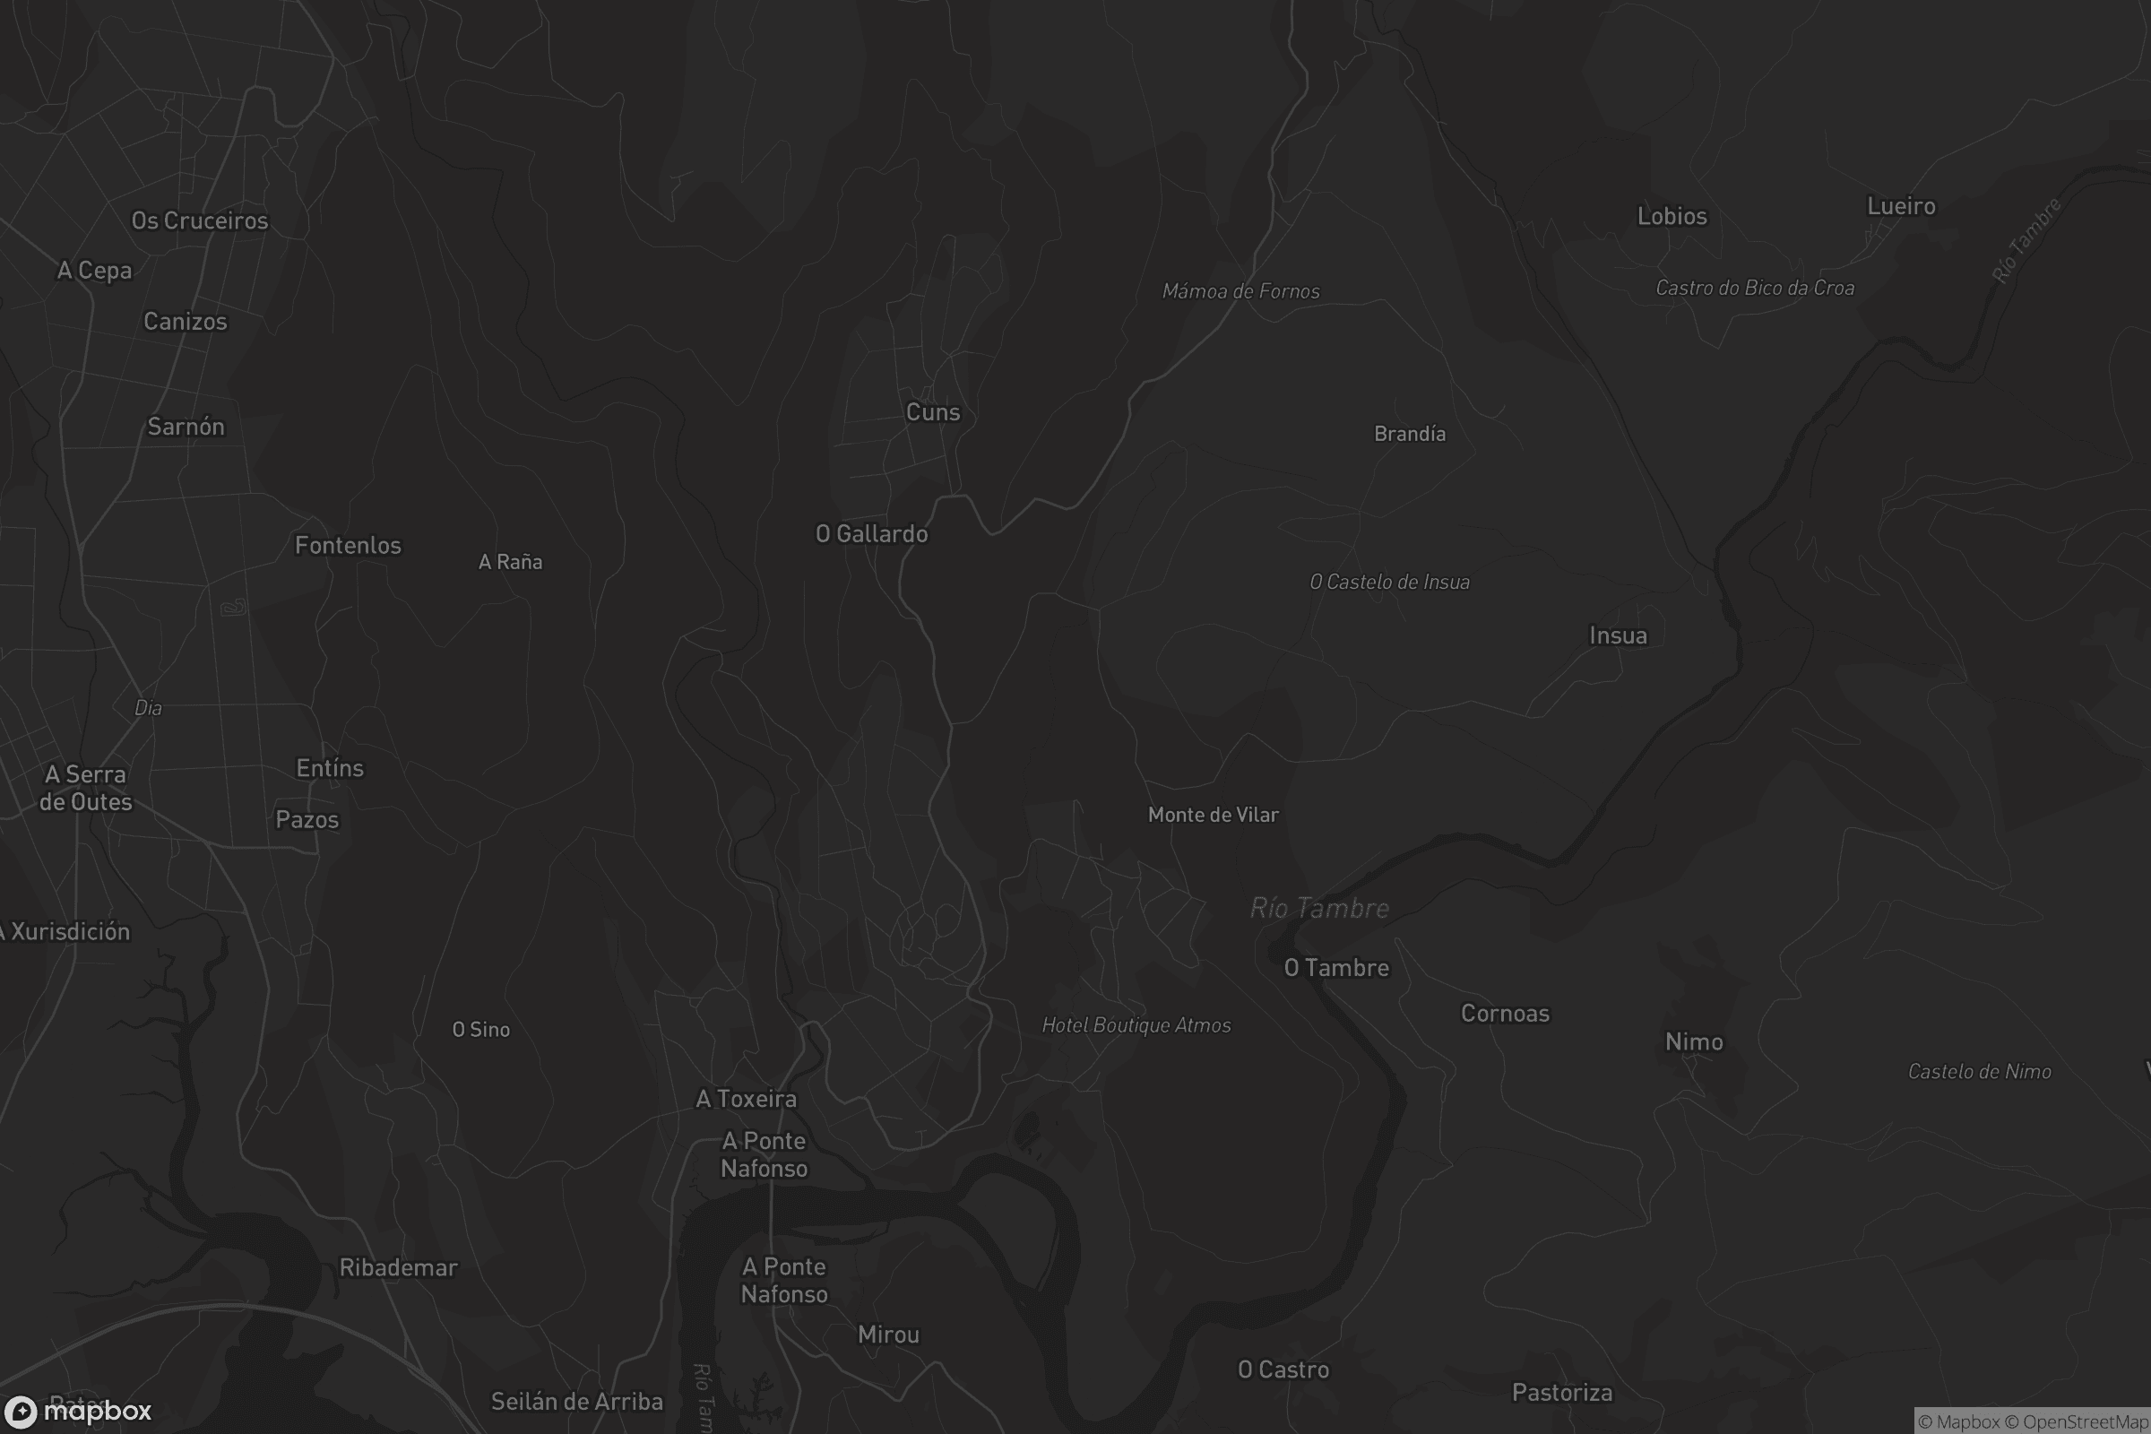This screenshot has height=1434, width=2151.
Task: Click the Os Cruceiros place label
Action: point(199,220)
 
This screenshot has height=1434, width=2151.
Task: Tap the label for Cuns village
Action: point(933,412)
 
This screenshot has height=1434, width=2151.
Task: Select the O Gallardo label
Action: point(871,534)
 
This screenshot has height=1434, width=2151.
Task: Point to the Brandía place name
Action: point(1409,434)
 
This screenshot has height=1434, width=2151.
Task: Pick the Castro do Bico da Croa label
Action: point(1755,288)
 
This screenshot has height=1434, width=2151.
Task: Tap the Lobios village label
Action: point(1672,217)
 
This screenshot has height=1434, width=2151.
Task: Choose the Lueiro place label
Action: point(1901,207)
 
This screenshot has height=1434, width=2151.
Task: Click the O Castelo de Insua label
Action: point(1389,583)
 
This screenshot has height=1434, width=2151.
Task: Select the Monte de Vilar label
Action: point(1213,815)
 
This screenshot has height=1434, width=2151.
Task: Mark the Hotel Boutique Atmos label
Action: point(1136,1025)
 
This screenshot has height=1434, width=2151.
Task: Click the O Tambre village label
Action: point(1336,968)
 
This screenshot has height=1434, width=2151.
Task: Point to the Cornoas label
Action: point(1505,1014)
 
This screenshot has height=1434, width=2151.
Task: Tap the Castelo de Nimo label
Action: point(1979,1072)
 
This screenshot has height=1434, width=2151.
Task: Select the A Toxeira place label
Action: point(747,1099)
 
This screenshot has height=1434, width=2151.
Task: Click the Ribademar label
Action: point(398,1267)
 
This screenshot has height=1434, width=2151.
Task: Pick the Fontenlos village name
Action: point(348,546)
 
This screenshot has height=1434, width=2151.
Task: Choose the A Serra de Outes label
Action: point(86,789)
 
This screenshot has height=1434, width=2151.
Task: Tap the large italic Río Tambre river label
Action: point(1318,908)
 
